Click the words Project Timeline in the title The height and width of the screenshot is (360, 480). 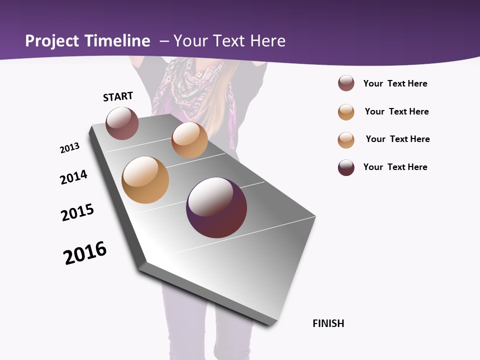pyautogui.click(x=87, y=41)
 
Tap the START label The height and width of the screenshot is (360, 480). pyautogui.click(x=118, y=96)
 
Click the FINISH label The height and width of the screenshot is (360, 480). pyautogui.click(x=328, y=323)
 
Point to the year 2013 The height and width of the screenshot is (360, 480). pyautogui.click(x=69, y=148)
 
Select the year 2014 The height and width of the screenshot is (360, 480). pyautogui.click(x=73, y=177)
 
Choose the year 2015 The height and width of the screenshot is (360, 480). pyautogui.click(x=77, y=212)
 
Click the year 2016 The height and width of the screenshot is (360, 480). pyautogui.click(x=85, y=253)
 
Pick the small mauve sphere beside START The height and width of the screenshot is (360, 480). pyautogui.click(x=122, y=123)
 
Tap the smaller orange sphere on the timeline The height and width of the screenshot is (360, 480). pyautogui.click(x=189, y=140)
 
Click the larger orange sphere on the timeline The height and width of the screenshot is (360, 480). pyautogui.click(x=145, y=180)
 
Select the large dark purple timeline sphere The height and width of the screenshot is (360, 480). pyautogui.click(x=216, y=207)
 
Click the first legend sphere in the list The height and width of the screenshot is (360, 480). pyautogui.click(x=346, y=83)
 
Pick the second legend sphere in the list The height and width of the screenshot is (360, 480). pyautogui.click(x=346, y=112)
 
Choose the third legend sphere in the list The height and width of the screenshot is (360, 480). pyautogui.click(x=346, y=140)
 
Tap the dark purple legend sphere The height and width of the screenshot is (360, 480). pyautogui.click(x=346, y=167)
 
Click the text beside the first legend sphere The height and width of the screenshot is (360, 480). pyautogui.click(x=395, y=83)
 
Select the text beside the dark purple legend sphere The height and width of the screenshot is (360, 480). pyautogui.click(x=395, y=167)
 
